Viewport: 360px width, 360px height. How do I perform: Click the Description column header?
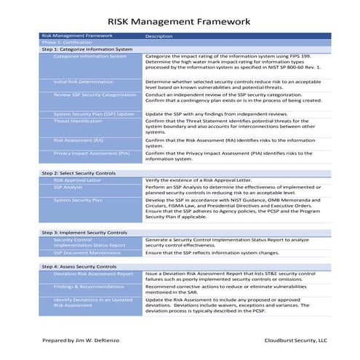tap(159, 36)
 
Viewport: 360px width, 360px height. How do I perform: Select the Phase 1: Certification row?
tap(66, 43)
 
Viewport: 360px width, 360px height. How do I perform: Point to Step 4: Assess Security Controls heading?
tap(79, 267)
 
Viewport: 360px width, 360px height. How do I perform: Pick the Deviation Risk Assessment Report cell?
tap(93, 274)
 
